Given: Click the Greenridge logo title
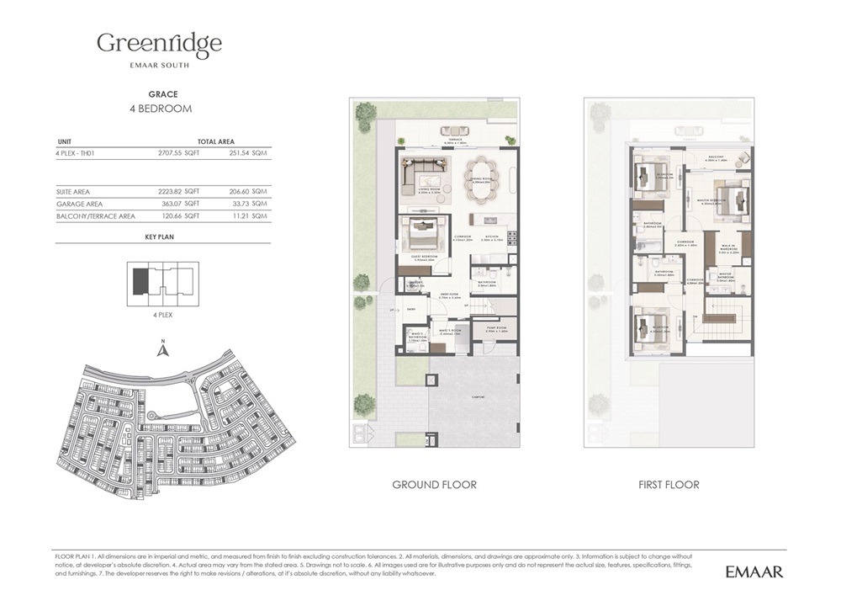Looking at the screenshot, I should (159, 44).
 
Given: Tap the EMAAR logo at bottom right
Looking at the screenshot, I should (754, 571).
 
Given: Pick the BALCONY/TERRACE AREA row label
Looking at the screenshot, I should (96, 216).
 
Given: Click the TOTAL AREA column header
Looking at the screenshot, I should (215, 142).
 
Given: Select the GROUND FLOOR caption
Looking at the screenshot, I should (434, 485).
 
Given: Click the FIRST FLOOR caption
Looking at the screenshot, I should (668, 485).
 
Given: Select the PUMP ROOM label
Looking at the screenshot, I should (494, 328).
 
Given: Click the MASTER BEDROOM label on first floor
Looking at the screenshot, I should (711, 199).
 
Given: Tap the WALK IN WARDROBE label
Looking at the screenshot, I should (727, 247).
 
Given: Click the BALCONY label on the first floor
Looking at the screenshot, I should (716, 157).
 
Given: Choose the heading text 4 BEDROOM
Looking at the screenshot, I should (159, 109).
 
